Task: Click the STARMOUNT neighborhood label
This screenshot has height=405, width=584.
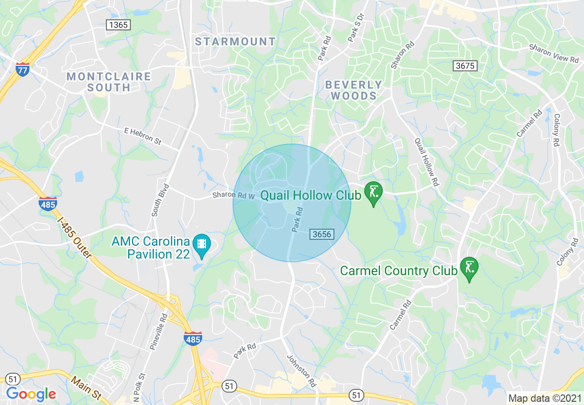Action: point(235,42)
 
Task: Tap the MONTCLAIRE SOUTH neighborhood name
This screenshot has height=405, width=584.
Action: point(109,81)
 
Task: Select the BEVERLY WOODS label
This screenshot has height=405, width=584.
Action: point(354,90)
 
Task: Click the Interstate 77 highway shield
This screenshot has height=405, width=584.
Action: point(22,69)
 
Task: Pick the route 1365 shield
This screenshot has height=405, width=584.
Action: point(118,25)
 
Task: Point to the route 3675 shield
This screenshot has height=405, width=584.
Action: point(465,66)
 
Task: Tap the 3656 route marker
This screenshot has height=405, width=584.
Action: point(321,234)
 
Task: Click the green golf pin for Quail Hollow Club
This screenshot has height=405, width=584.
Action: point(373,193)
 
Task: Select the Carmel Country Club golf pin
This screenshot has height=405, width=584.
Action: point(469,268)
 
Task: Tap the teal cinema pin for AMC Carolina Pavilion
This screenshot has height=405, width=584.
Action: point(201,245)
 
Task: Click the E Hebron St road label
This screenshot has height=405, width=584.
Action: point(143,137)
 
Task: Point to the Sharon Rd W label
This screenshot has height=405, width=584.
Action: point(234,195)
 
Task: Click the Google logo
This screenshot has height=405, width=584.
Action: point(31,394)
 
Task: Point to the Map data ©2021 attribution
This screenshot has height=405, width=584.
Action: point(543,398)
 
